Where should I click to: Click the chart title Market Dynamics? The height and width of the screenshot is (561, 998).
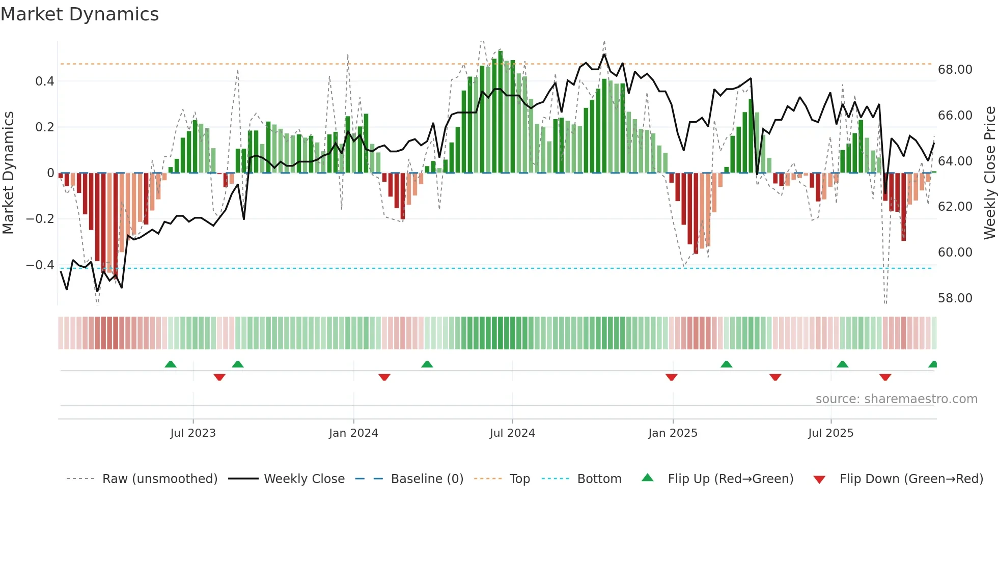[79, 14]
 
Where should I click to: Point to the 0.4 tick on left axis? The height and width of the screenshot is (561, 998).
[44, 81]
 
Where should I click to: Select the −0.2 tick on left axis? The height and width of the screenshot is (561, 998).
[40, 219]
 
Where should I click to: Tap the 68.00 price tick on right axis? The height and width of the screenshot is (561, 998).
[955, 70]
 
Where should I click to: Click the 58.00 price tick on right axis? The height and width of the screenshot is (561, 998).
[955, 298]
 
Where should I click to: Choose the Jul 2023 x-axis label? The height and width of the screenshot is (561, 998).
[193, 433]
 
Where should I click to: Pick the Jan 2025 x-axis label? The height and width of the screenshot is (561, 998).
[673, 433]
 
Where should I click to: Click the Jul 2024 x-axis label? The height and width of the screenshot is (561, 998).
[512, 433]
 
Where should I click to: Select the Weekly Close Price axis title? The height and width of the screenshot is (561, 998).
[989, 173]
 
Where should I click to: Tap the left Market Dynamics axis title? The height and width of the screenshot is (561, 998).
[8, 173]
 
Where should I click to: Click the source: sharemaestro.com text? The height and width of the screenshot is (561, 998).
[896, 399]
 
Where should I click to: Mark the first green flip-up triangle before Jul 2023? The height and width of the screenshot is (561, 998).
[171, 364]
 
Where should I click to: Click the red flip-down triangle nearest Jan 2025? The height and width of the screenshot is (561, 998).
[671, 377]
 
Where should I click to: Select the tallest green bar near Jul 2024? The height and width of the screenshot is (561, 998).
[501, 112]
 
